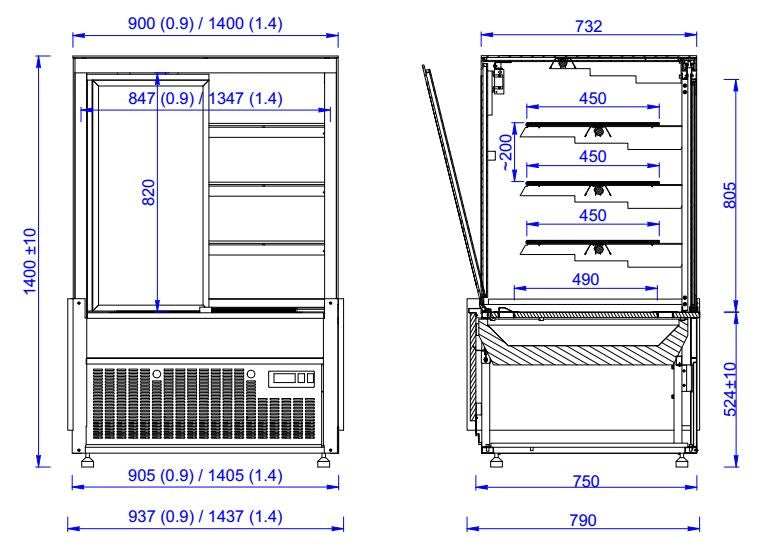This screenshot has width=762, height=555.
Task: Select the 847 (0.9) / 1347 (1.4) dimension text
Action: [206, 98]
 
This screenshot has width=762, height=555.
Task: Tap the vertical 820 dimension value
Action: [148, 193]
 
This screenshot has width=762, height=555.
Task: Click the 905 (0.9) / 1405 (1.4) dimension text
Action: [206, 475]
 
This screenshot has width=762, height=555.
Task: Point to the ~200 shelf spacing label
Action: [506, 150]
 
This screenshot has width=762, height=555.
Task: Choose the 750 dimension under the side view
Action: [586, 481]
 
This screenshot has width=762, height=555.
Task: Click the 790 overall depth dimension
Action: [582, 520]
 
